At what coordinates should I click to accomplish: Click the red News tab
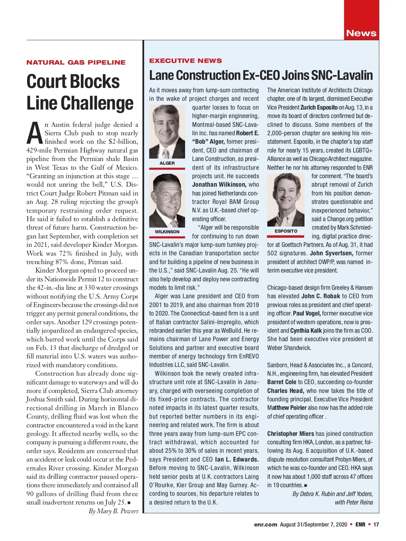click(x=361, y=33)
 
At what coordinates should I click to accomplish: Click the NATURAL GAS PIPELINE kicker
click(x=76, y=63)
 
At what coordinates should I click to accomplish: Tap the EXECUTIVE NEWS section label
click(x=185, y=61)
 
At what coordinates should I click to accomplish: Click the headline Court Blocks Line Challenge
click(x=80, y=92)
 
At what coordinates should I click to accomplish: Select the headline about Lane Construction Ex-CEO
click(x=261, y=75)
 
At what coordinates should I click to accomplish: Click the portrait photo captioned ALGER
click(x=167, y=132)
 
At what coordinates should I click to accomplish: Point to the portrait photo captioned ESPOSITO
click(x=286, y=200)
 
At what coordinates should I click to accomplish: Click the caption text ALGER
click(x=167, y=163)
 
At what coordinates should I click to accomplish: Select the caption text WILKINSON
click(x=167, y=232)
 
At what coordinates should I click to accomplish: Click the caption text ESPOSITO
click(x=286, y=231)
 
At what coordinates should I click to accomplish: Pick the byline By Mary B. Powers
click(x=113, y=511)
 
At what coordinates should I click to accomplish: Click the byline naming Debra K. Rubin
click(x=333, y=494)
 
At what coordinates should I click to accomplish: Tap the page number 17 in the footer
click(x=376, y=524)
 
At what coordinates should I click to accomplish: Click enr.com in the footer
click(x=265, y=524)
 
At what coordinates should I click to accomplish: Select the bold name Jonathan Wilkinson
click(x=219, y=185)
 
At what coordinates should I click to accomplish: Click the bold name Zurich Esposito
click(x=319, y=108)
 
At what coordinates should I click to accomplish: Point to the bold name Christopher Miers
click(x=290, y=434)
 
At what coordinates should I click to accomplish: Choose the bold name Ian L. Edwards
click(x=236, y=460)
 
